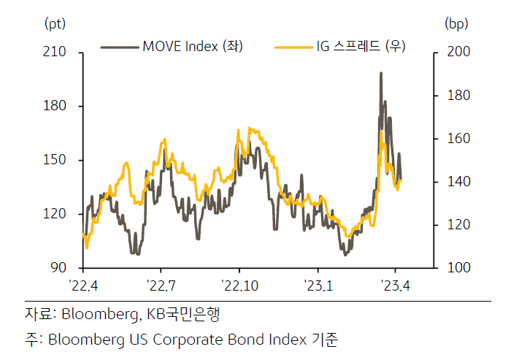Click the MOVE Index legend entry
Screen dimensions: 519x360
pyautogui.click(x=172, y=46)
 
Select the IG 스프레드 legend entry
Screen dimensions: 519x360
pyautogui.click(x=340, y=46)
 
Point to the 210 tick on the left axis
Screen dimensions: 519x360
pyautogui.click(x=55, y=52)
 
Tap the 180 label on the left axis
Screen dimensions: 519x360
pyautogui.click(x=55, y=106)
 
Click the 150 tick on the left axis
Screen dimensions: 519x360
pyautogui.click(x=55, y=160)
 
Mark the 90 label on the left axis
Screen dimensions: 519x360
pyautogui.click(x=58, y=267)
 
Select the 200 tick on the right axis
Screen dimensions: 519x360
pyautogui.click(x=458, y=52)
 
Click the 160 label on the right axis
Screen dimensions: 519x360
pyautogui.click(x=458, y=139)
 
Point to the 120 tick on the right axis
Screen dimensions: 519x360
pyautogui.click(x=458, y=225)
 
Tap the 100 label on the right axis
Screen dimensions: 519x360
pyautogui.click(x=458, y=267)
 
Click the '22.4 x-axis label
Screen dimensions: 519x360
pyautogui.click(x=83, y=286)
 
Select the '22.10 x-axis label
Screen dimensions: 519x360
pyautogui.click(x=239, y=286)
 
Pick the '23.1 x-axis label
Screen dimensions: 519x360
pyautogui.click(x=318, y=286)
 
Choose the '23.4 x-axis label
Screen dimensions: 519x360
pyautogui.click(x=395, y=286)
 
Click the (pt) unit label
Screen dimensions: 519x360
pyautogui.click(x=55, y=24)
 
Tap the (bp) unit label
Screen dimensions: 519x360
pyautogui.click(x=456, y=24)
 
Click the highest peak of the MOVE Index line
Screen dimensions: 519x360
pyautogui.click(x=381, y=73)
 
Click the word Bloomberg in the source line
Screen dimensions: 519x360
pyautogui.click(x=99, y=314)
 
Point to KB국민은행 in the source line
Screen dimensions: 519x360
pyautogui.click(x=183, y=314)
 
